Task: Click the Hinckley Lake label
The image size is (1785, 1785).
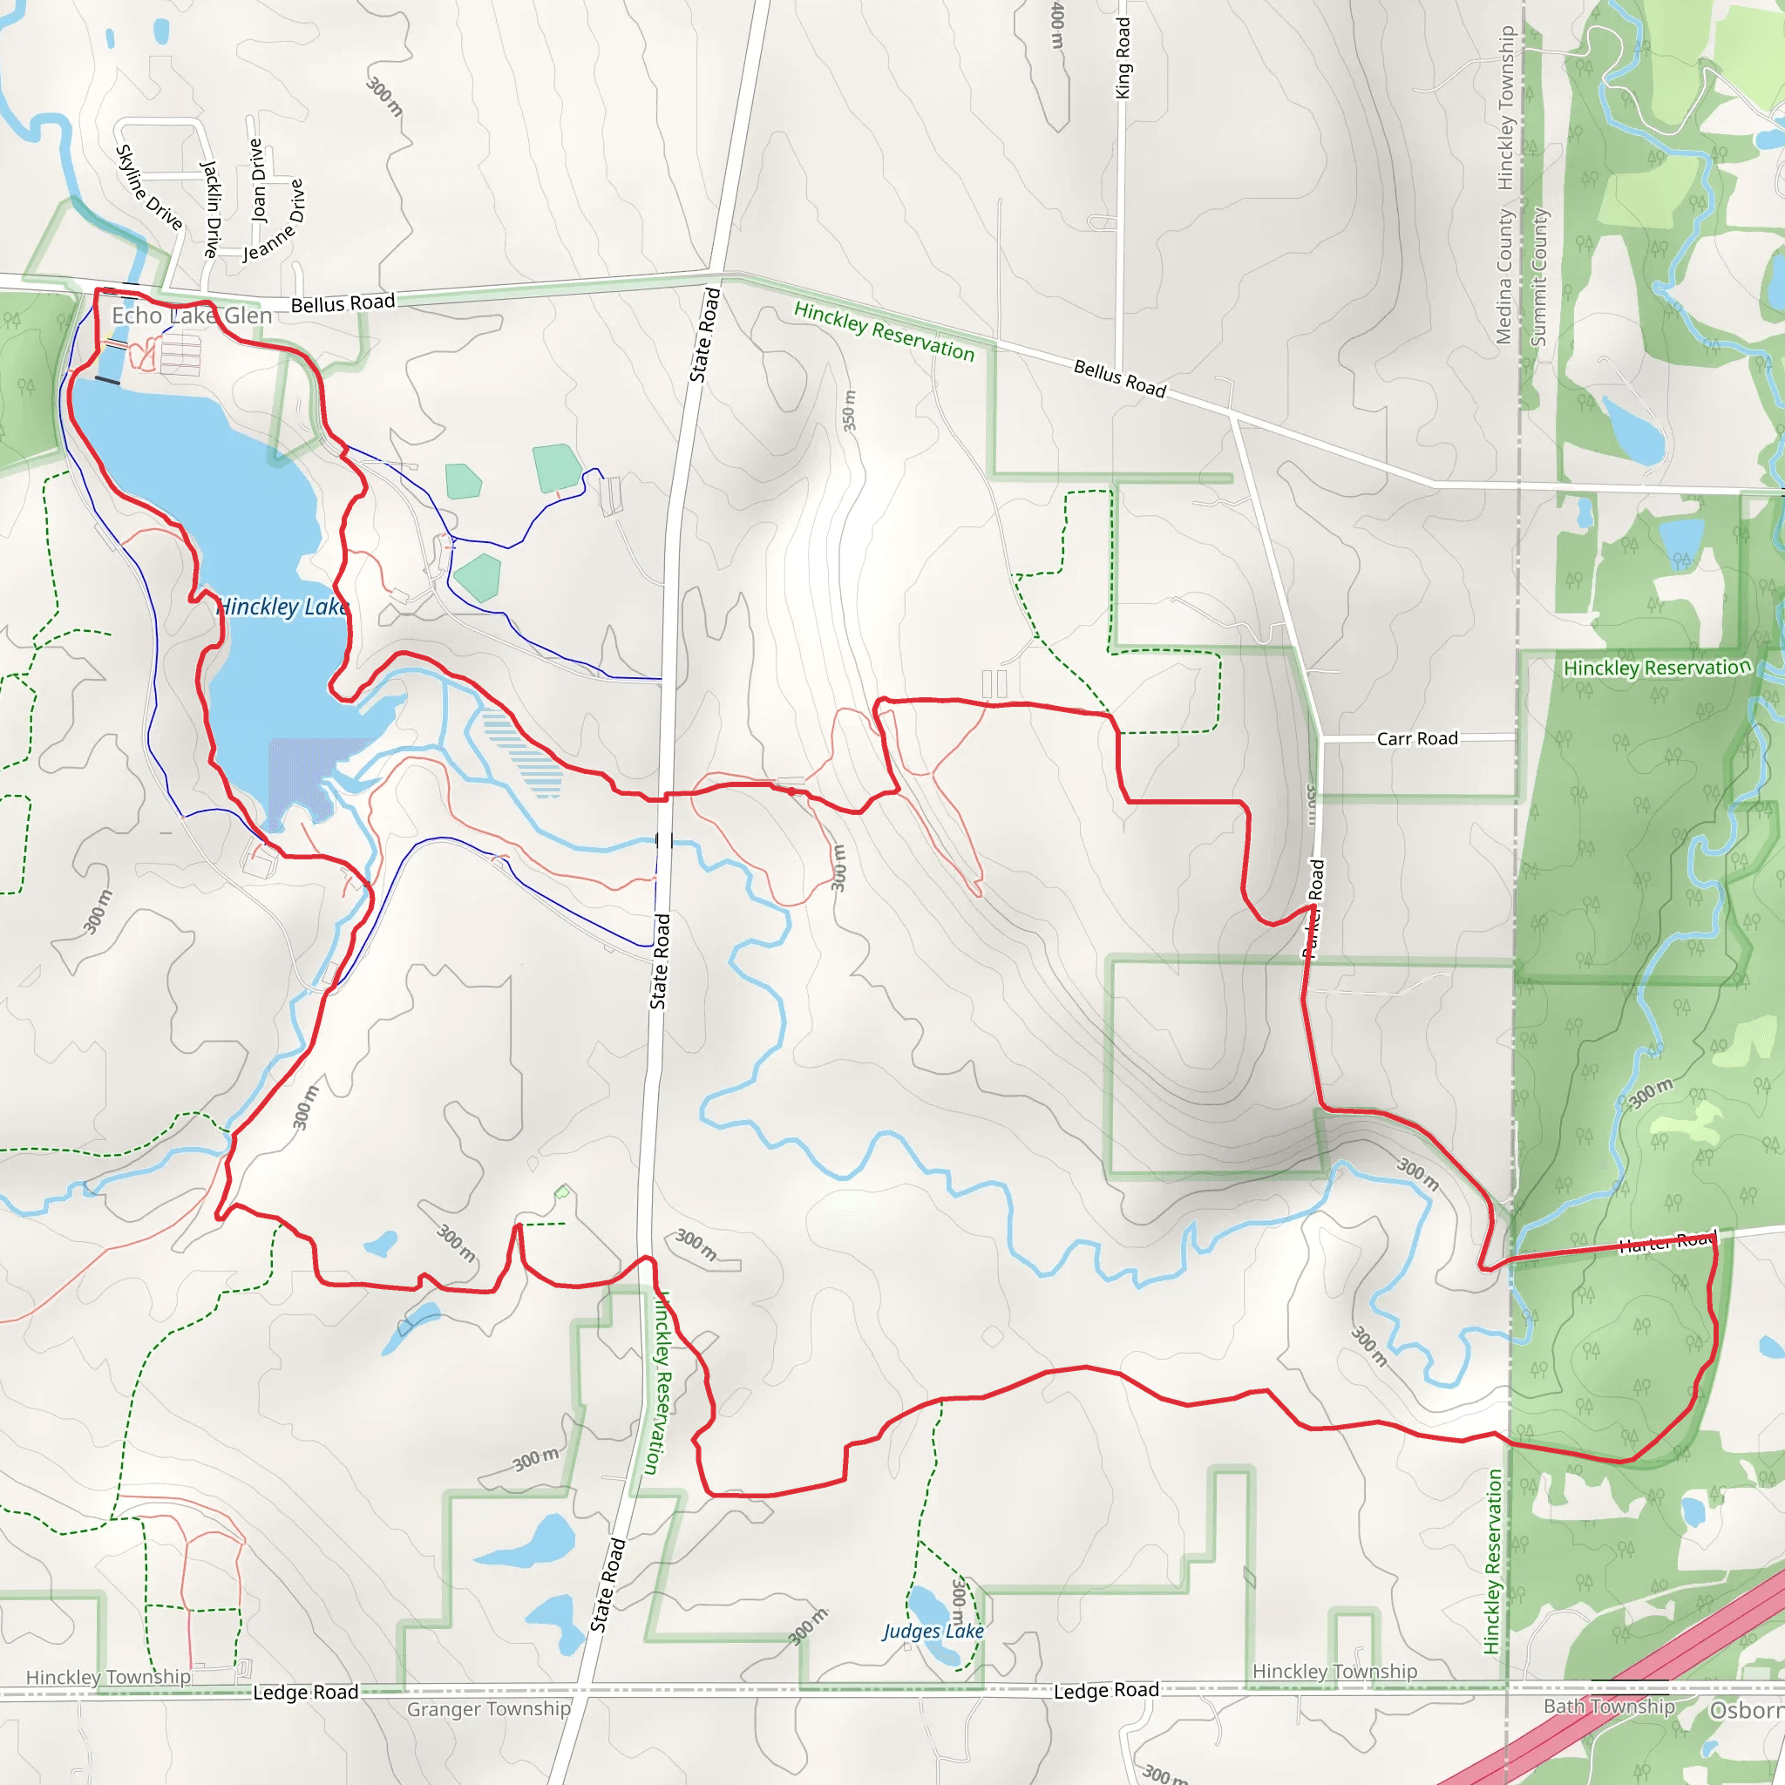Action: (x=282, y=607)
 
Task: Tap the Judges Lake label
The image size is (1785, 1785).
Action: (x=933, y=1631)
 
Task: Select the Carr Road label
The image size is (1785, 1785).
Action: (x=1416, y=738)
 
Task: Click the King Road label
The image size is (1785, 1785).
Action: (x=1123, y=58)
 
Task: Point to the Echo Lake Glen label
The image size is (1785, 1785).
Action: (x=192, y=316)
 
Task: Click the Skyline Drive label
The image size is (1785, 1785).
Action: (x=148, y=187)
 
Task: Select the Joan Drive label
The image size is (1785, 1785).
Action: (x=258, y=180)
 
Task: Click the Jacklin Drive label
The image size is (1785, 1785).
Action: (x=212, y=209)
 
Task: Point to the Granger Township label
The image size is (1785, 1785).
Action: (x=489, y=1709)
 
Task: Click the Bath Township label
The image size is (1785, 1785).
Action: (x=1609, y=1707)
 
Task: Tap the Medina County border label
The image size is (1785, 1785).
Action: (x=1504, y=276)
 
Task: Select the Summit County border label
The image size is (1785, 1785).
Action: (x=1538, y=276)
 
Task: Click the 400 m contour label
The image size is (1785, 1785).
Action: (x=1058, y=26)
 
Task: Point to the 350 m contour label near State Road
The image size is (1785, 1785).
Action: (x=849, y=411)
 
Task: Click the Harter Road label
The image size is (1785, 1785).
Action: (x=1666, y=1244)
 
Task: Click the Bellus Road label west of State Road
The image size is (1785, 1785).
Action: (x=343, y=304)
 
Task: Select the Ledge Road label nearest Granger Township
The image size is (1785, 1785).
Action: (x=306, y=1692)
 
